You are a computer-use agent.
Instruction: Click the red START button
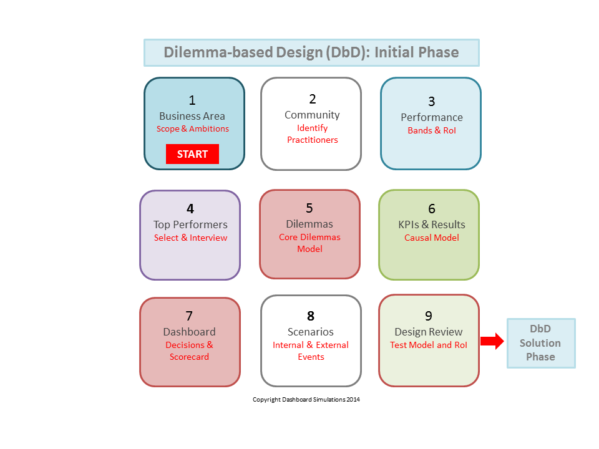(192, 154)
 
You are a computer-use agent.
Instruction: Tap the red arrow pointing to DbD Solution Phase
(492, 341)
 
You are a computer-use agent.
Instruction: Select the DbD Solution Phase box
(541, 343)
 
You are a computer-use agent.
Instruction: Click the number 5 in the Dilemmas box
(309, 208)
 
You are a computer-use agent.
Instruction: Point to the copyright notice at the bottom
(306, 399)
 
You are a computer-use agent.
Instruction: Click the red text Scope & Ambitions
(193, 128)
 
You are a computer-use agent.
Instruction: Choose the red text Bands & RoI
(432, 130)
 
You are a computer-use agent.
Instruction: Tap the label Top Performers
(190, 224)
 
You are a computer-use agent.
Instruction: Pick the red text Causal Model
(432, 238)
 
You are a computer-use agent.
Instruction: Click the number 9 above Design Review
(429, 316)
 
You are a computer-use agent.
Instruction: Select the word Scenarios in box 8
(311, 332)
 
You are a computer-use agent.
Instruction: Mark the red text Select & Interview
(191, 238)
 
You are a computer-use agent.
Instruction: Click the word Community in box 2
(312, 115)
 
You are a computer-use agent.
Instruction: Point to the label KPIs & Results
(432, 224)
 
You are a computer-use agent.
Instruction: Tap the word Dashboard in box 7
(190, 332)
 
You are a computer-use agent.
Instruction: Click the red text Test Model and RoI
(429, 345)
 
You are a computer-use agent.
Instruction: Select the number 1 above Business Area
(192, 100)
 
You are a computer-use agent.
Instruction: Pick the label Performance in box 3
(432, 117)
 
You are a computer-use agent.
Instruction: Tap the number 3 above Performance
(432, 102)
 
